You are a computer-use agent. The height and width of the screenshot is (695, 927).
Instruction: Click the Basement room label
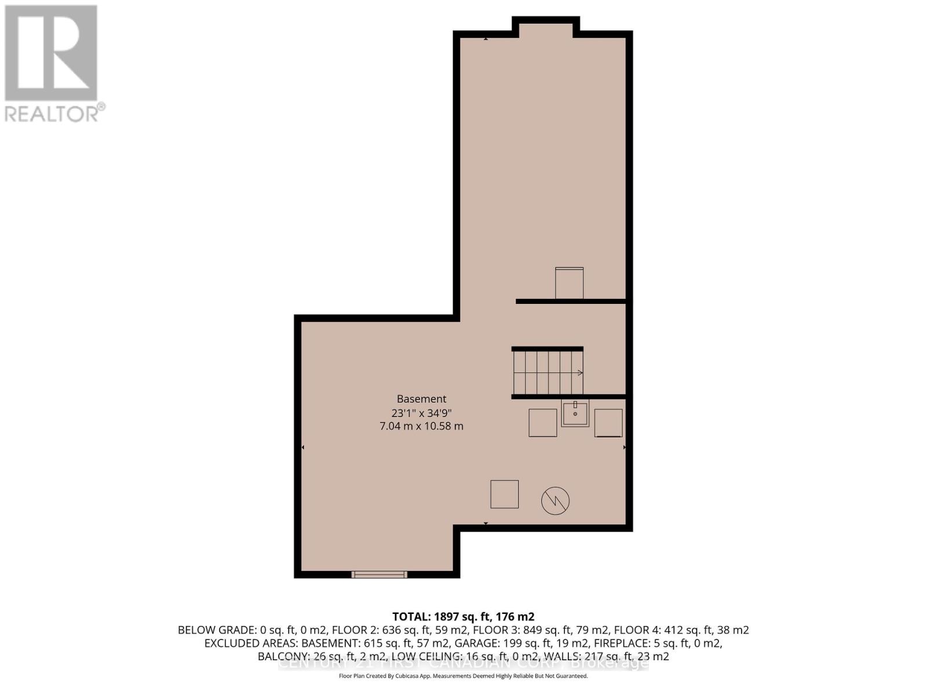coord(421,399)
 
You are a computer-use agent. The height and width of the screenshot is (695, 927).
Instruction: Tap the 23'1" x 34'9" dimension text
coord(421,413)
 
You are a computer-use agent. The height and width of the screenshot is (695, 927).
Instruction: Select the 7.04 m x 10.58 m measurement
coord(421,426)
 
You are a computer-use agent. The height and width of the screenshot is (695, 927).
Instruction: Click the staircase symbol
coord(548,372)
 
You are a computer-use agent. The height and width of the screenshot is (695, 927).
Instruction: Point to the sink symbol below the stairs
coord(575,414)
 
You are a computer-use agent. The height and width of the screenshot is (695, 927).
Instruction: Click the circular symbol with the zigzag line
coord(555,500)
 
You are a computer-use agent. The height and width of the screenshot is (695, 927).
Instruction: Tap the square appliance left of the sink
coord(543,423)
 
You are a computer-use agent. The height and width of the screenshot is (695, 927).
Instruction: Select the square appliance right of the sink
coord(608,423)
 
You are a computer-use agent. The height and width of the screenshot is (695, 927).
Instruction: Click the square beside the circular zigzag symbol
coord(505,494)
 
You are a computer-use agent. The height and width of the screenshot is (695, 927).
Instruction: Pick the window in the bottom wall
coord(379,575)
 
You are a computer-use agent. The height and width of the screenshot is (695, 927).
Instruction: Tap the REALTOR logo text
coord(55,113)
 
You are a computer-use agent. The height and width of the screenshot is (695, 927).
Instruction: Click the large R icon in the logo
coord(51,53)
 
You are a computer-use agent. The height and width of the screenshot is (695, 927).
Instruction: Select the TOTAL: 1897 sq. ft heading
coord(463,617)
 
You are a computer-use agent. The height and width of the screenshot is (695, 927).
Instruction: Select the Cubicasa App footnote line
coord(463,676)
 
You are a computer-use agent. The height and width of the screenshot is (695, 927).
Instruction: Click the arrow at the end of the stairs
coord(579,372)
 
